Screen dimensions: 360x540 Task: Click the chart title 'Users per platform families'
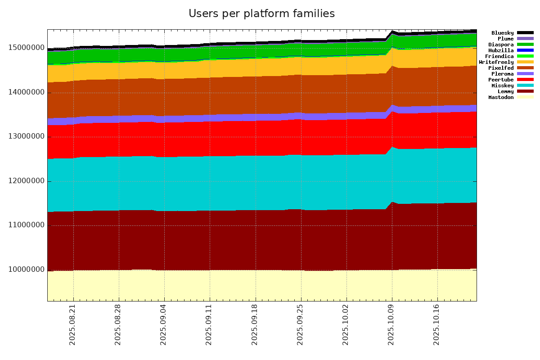[261, 13]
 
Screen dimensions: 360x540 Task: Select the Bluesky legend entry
[502, 33]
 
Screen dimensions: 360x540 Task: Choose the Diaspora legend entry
[501, 45]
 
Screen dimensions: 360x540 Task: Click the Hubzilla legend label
[501, 50]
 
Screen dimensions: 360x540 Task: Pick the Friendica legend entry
[499, 56]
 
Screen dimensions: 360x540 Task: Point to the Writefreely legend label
[496, 62]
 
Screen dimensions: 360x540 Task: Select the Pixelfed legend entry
[501, 68]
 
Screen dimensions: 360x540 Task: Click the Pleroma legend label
[502, 74]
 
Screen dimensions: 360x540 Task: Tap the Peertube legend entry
[501, 80]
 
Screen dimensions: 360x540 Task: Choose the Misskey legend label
[502, 85]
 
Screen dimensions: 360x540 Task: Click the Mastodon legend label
[501, 97]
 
